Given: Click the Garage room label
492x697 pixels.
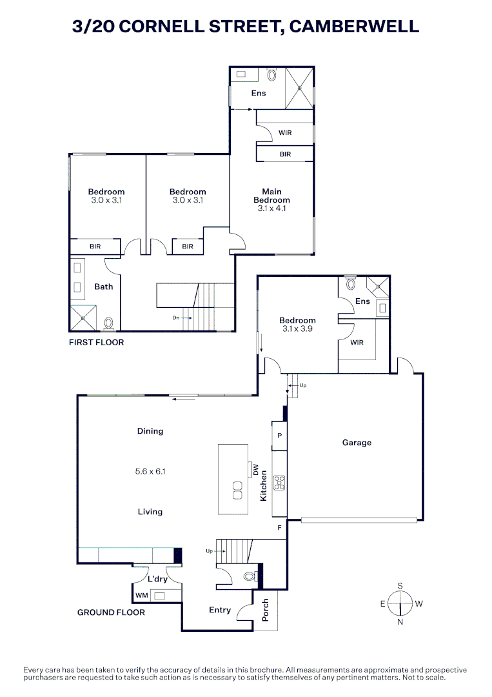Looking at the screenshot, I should click(x=357, y=443).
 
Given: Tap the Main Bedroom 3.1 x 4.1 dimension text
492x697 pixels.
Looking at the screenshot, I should click(x=271, y=208).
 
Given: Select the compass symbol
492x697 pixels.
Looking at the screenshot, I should click(x=400, y=604).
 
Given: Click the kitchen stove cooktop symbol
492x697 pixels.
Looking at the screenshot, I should click(x=279, y=483).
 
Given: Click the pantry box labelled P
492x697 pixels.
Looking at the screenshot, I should click(x=279, y=436).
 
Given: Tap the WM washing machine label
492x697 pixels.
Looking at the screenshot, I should click(x=141, y=595).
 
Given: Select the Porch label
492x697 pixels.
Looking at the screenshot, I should click(x=265, y=610).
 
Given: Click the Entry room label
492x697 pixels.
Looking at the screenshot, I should click(x=220, y=610).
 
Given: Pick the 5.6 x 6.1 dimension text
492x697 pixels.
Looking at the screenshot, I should click(x=150, y=472).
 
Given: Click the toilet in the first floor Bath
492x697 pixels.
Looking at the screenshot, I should click(x=109, y=322).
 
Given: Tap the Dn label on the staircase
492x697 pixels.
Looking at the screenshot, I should click(x=175, y=318).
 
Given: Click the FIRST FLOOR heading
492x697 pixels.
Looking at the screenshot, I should click(x=96, y=342).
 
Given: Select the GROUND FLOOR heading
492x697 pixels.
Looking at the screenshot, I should click(x=111, y=612).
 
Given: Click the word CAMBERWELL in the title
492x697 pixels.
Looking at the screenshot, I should click(x=353, y=26).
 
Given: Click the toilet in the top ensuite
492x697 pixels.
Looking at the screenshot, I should click(x=271, y=75).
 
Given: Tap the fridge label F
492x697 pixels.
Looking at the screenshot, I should click(x=279, y=528).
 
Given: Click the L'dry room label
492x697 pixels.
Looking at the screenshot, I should click(x=157, y=579).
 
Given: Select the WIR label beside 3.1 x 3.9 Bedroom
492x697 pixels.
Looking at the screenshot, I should click(x=357, y=342).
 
